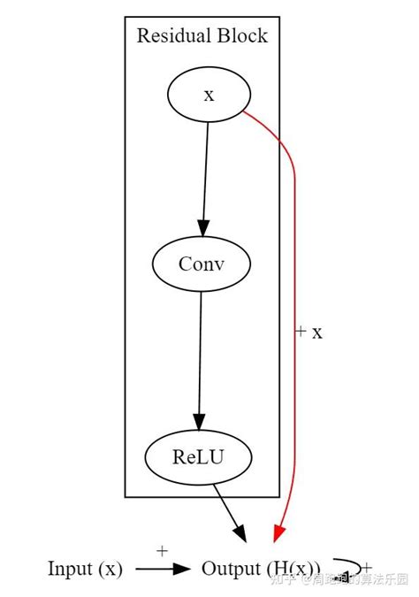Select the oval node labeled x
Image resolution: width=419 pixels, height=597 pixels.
(x=209, y=95)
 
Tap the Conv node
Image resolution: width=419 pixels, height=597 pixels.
(x=202, y=264)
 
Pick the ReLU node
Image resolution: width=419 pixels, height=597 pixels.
(x=198, y=457)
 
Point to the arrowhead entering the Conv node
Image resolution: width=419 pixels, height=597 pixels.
(x=203, y=228)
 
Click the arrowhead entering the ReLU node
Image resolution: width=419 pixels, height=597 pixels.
(x=199, y=422)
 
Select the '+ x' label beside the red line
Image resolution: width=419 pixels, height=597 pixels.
(x=309, y=332)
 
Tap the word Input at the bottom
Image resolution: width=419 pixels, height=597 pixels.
(x=68, y=569)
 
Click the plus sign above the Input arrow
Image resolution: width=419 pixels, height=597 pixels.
(x=162, y=551)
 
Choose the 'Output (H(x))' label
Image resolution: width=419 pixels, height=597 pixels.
(x=262, y=569)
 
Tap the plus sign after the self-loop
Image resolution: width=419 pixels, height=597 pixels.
(x=367, y=568)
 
